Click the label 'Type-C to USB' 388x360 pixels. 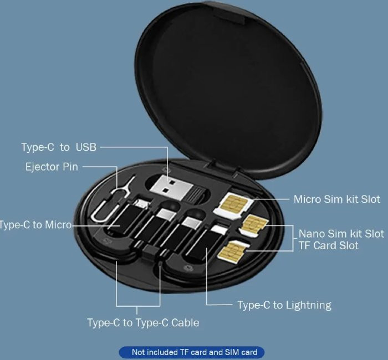pyautogui.click(x=59, y=147)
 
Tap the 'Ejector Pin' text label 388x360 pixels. pyautogui.click(x=52, y=167)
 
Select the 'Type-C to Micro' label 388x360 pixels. pyautogui.click(x=35, y=225)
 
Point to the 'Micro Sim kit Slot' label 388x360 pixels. pyautogui.click(x=337, y=199)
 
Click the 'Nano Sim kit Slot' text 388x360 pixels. pyautogui.click(x=341, y=234)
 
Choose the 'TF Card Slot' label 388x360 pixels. pyautogui.click(x=328, y=245)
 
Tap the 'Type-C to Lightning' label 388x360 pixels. pyautogui.click(x=284, y=305)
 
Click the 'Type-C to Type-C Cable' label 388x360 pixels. pyautogui.click(x=143, y=323)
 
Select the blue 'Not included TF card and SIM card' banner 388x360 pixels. pyautogui.click(x=192, y=352)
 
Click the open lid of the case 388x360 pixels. pyautogui.click(x=228, y=86)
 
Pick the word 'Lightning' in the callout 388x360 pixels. pyautogui.click(x=309, y=305)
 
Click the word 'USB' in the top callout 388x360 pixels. pyautogui.click(x=86, y=147)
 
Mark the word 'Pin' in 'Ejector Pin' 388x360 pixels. pyautogui.click(x=70, y=167)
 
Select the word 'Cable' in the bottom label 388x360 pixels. pyautogui.click(x=185, y=323)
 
